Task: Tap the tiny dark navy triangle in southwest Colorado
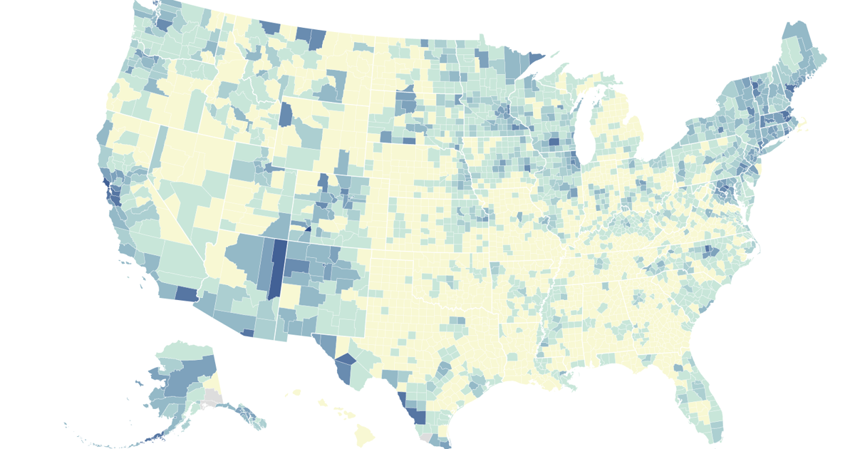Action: point(307,228)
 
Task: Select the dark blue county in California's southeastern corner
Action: point(186,293)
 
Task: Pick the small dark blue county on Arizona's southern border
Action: point(247,332)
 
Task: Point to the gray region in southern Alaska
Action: point(212,398)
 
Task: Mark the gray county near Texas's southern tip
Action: point(426,438)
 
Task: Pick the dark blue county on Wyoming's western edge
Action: point(286,114)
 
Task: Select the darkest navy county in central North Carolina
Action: point(710,251)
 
